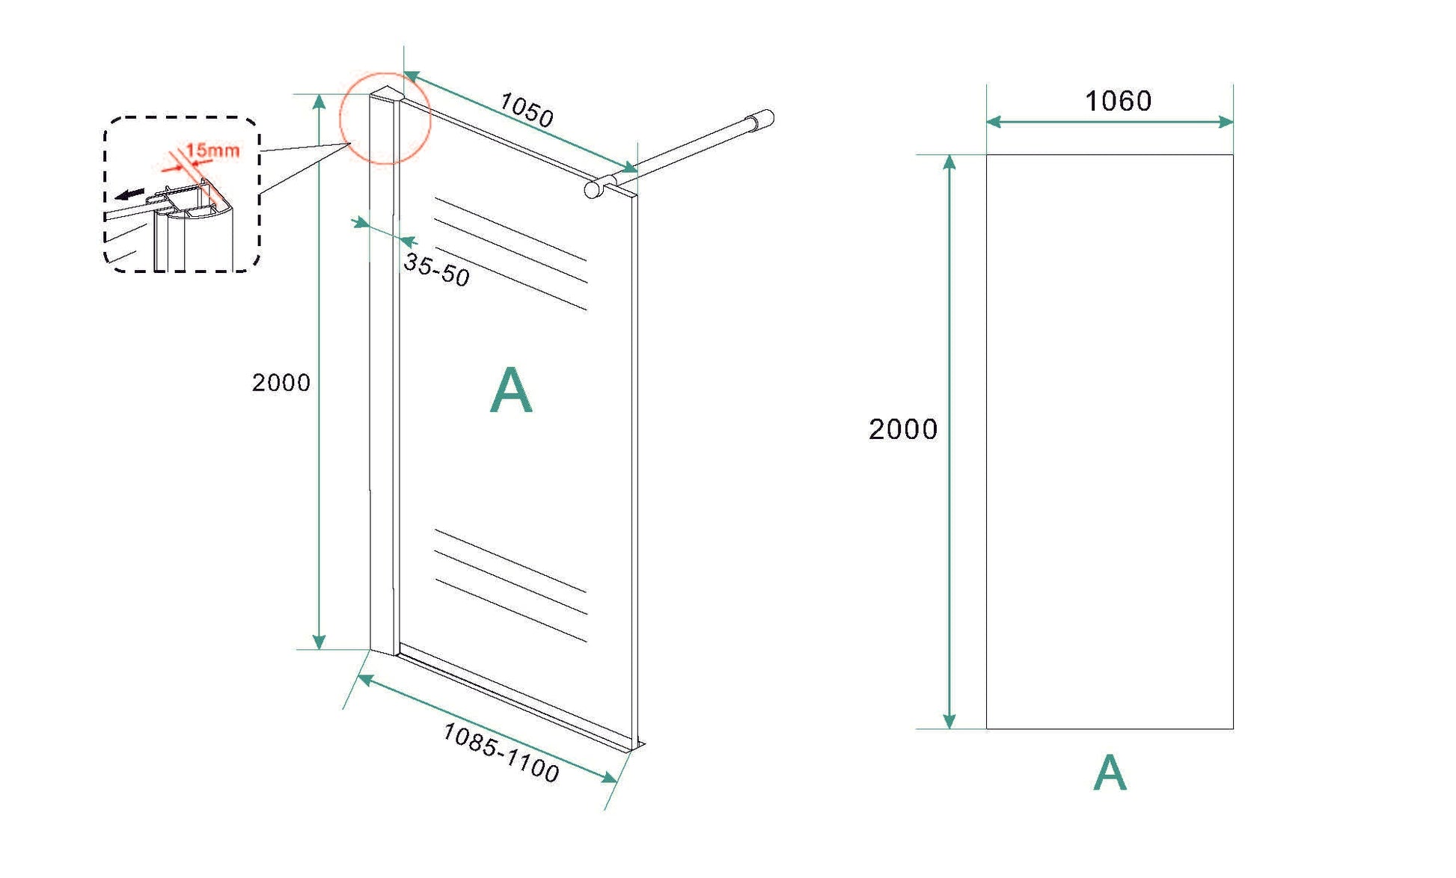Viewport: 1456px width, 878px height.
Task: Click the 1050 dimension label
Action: pyautogui.click(x=527, y=110)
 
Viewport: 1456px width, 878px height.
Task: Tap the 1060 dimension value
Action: pyautogui.click(x=1118, y=101)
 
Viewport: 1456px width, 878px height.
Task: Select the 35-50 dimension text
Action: pyautogui.click(x=437, y=269)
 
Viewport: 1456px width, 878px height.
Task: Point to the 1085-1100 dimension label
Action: pyautogui.click(x=501, y=753)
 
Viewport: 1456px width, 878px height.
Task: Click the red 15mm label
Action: pyautogui.click(x=213, y=150)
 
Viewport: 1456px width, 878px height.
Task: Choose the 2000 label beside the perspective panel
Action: pyautogui.click(x=281, y=383)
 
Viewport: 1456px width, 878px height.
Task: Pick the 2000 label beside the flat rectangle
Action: pyautogui.click(x=903, y=429)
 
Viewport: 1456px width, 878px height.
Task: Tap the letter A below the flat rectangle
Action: pyautogui.click(x=1110, y=773)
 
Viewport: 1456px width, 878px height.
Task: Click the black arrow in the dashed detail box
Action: pyautogui.click(x=130, y=194)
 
